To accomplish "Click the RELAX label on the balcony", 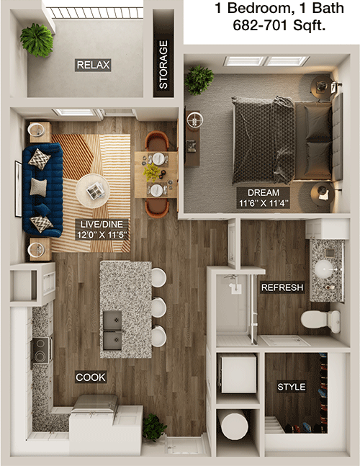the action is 93,65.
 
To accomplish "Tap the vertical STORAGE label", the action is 163,65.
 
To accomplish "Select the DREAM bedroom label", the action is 264,192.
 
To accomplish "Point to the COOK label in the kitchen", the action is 91,377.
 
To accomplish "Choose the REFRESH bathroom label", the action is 282,287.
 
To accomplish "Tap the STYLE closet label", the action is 292,387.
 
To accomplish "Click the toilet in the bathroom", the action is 321,321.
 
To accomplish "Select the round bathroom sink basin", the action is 326,269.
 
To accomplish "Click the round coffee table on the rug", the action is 93,191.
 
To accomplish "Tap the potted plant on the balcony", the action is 37,40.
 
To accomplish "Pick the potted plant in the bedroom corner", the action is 199,80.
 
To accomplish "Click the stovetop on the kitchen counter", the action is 41,350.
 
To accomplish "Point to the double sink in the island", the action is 112,330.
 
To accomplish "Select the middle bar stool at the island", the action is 158,308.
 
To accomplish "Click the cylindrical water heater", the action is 233,424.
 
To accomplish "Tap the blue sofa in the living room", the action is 42,190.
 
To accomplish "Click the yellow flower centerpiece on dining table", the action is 152,172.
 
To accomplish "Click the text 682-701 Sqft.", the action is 279,25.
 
